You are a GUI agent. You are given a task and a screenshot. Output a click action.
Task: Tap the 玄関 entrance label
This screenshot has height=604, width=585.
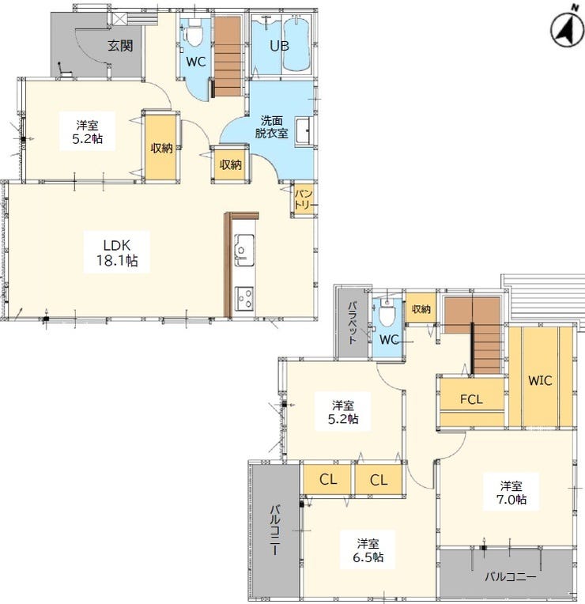point(120,46)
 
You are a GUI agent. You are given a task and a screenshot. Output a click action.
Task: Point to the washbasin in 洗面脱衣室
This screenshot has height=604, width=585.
point(304,131)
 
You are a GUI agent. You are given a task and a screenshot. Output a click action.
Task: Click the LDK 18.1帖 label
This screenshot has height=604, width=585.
point(117,253)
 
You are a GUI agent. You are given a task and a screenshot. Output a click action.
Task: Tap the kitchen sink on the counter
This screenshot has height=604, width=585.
point(243,250)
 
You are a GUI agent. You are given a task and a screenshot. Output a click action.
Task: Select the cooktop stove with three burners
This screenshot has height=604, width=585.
point(244,298)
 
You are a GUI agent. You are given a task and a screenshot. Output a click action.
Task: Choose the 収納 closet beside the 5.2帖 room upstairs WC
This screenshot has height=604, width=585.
point(421,308)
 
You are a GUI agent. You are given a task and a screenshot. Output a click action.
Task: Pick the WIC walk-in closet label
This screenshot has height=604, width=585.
point(540,380)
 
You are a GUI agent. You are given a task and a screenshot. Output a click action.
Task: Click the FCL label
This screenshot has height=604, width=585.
point(471,399)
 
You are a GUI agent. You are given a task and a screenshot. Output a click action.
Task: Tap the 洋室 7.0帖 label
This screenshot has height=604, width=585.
point(511,492)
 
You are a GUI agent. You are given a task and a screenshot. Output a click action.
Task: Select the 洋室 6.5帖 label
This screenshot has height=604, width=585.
point(368,550)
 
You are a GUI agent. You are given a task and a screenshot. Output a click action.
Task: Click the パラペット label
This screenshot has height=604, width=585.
point(352,323)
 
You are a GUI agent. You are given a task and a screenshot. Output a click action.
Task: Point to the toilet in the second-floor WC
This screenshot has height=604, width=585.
point(387,313)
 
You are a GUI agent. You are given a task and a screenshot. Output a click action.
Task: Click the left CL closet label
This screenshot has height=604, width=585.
point(328,479)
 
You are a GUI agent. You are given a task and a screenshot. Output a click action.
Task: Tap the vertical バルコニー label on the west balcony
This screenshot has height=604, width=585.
point(275,530)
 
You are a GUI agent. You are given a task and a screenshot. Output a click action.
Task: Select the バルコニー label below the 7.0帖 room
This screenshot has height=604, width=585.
point(510,576)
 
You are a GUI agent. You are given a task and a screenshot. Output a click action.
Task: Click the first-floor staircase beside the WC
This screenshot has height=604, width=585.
point(228,56)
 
